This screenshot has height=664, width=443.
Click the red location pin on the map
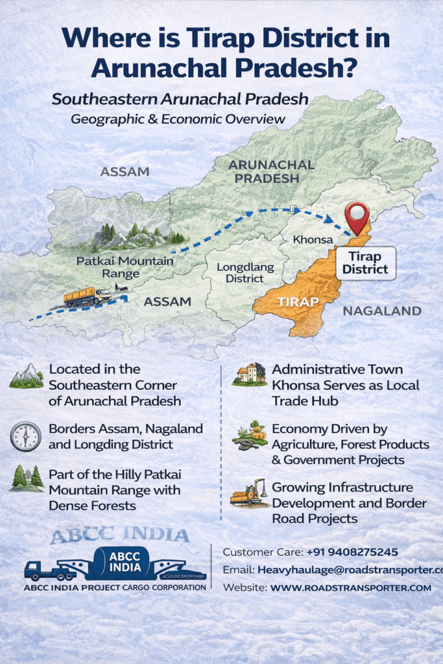(x=356, y=217)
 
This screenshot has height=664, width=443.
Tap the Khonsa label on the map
(x=312, y=240)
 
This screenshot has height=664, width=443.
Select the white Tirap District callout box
(x=366, y=263)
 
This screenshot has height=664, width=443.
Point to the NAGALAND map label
(x=382, y=311)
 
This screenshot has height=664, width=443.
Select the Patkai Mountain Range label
(x=125, y=267)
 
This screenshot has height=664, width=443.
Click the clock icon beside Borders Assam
(x=25, y=436)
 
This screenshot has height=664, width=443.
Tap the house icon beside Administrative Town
(x=249, y=375)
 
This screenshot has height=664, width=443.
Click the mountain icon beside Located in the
(x=26, y=376)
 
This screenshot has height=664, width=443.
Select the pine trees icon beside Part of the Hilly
(x=27, y=479)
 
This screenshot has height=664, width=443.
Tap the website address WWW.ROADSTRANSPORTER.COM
(x=350, y=587)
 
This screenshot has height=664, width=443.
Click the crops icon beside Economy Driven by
(x=249, y=436)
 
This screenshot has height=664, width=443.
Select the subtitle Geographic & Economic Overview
(x=178, y=119)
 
